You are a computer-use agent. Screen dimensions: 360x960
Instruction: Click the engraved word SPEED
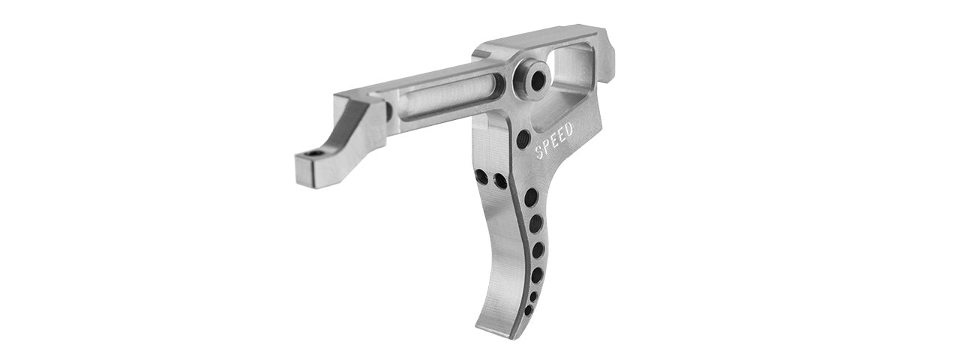[x=554, y=141]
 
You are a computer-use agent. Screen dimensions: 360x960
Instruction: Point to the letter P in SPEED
[x=547, y=146]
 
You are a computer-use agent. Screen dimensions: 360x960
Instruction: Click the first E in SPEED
[x=554, y=141]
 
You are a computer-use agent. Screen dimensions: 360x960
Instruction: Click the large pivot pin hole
[x=535, y=81]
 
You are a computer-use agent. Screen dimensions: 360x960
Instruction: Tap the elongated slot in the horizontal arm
[x=448, y=102]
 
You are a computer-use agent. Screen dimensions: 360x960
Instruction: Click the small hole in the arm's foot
[x=313, y=154]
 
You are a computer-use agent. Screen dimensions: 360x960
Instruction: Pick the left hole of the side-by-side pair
[x=481, y=178]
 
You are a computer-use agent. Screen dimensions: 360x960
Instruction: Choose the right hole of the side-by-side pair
[x=499, y=181]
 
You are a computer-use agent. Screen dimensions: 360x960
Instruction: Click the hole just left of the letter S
[x=523, y=139]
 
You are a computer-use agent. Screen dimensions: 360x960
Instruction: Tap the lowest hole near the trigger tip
[x=528, y=310]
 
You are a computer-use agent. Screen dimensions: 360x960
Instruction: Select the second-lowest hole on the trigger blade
[x=533, y=296]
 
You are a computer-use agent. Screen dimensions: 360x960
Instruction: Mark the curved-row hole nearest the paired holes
[x=530, y=198]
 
